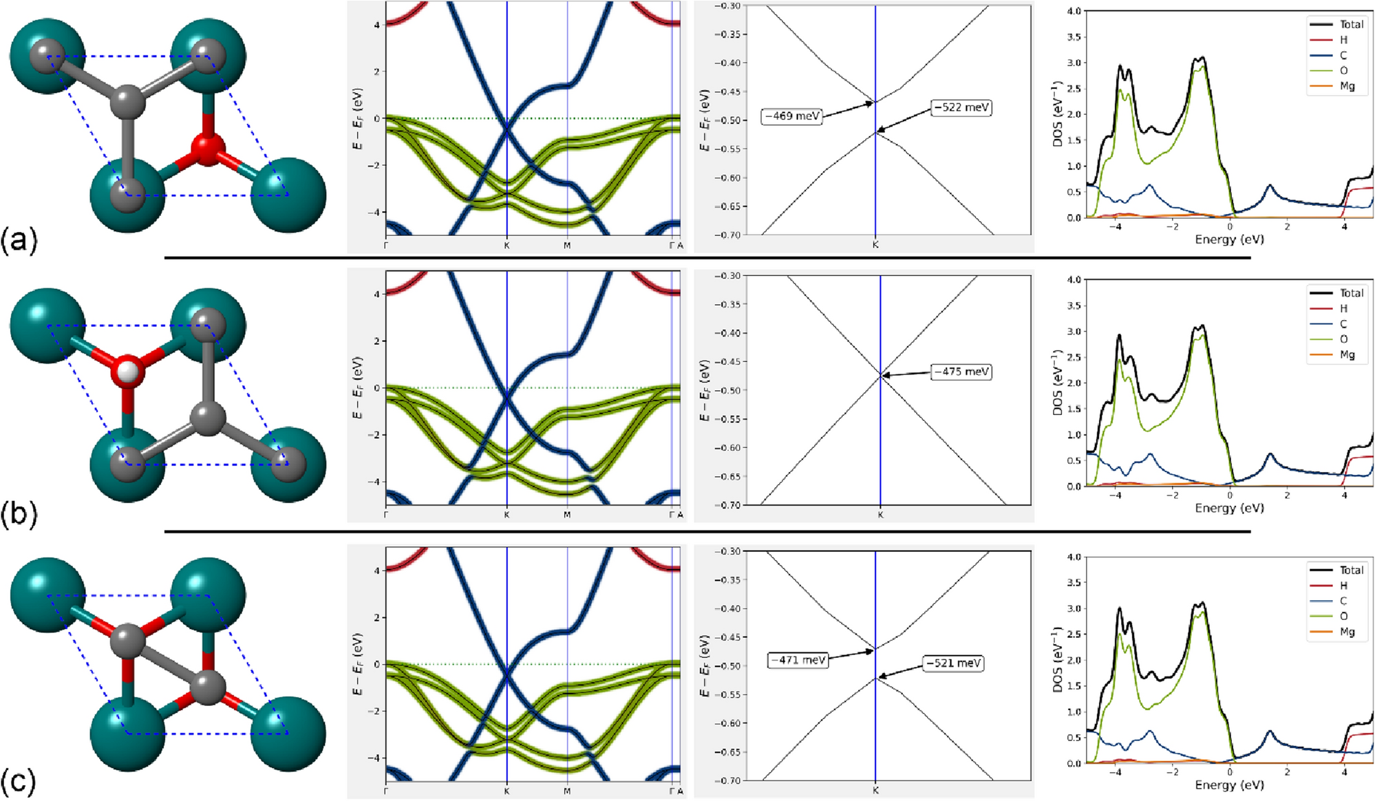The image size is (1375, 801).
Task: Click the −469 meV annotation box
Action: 791,116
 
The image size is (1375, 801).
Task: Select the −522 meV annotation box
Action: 961,107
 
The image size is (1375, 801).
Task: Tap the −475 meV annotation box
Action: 961,372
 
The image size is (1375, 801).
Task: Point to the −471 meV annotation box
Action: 798,660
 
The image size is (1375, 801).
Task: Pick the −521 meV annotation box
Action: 953,663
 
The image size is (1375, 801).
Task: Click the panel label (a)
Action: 19,241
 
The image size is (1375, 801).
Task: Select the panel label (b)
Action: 19,513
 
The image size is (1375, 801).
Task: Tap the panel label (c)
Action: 19,782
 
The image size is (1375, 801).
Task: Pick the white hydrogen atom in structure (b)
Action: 128,372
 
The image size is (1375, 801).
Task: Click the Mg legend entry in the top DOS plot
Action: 1347,86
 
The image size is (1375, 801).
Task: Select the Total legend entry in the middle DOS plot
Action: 1351,293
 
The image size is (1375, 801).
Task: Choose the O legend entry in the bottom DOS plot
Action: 1343,616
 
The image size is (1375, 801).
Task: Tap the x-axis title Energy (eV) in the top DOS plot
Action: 1229,239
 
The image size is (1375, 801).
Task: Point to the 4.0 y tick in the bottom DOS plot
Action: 1074,557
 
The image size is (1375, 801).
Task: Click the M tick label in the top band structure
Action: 567,246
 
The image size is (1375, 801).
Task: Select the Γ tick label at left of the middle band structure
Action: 385,515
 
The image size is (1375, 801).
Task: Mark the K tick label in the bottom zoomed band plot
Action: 875,791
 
